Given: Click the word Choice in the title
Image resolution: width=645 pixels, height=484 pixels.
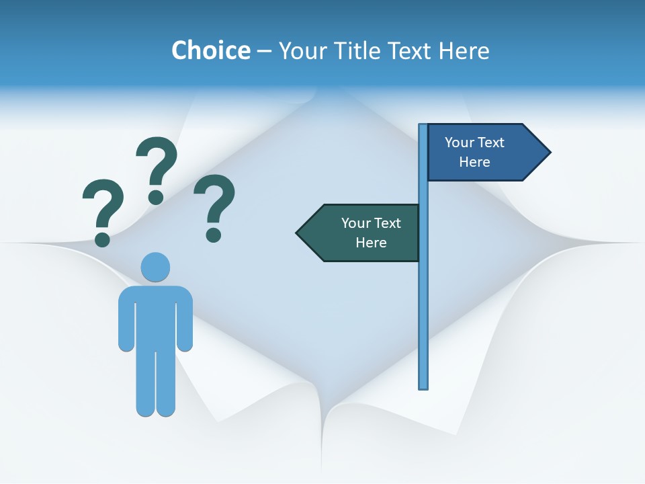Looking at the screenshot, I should point(210,50).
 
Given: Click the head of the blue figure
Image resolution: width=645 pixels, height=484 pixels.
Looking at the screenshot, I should point(155,267).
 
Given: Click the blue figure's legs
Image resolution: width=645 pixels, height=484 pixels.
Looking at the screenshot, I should point(155,383).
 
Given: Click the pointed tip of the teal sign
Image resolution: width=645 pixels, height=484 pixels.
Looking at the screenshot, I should point(298,233).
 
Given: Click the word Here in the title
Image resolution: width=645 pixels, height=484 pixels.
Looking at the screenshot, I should point(464,50).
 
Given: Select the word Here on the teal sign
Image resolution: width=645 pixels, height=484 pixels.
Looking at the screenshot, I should point(371,243).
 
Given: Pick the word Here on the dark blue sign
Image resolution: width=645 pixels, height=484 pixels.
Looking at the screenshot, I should point(474,162).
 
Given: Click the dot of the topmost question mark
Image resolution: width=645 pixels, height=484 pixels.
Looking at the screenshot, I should point(156,197).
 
